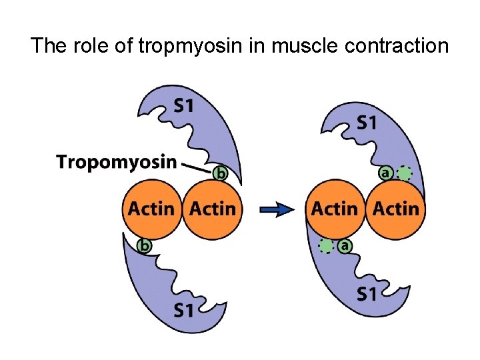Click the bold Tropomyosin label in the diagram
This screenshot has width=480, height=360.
tap(117, 161)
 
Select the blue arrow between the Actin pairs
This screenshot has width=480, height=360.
tap(276, 209)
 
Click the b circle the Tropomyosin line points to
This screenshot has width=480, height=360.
tap(220, 173)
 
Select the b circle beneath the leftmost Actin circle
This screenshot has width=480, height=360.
tap(143, 245)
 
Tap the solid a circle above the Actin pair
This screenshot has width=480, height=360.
tap(385, 173)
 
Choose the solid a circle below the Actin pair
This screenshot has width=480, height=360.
tap(345, 245)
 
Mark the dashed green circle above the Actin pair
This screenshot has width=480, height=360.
tap(404, 173)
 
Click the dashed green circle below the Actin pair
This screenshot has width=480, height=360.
tap(326, 245)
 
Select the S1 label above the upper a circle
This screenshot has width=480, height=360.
tap(367, 122)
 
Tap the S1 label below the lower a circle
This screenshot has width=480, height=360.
tap(367, 293)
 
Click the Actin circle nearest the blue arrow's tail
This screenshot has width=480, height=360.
tap(212, 209)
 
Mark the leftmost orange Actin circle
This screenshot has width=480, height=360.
tap(151, 209)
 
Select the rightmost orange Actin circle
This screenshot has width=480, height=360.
tap(395, 209)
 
